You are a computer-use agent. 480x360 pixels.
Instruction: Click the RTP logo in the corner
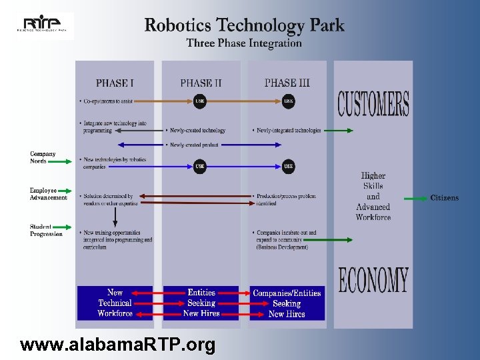[44, 25]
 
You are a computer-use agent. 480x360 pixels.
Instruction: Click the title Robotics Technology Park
[244, 26]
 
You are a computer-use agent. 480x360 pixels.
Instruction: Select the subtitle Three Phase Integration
[244, 43]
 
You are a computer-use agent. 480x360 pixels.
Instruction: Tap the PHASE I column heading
[115, 83]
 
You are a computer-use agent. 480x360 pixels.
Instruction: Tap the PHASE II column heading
[201, 83]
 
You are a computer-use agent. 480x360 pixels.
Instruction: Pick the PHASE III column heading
[287, 83]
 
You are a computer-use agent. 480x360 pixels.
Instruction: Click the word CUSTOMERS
[373, 104]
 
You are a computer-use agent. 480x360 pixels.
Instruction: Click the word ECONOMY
[373, 281]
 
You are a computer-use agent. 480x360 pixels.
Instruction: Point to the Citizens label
[444, 198]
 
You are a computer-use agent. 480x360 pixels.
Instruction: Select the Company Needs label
[43, 157]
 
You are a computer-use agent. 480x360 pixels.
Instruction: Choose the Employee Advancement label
[48, 194]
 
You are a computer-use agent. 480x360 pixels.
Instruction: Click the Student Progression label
[46, 231]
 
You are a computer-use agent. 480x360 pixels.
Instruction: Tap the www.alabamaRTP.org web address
[118, 345]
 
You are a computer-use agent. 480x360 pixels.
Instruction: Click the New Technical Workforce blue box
[115, 303]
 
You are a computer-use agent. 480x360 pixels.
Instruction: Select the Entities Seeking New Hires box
[201, 303]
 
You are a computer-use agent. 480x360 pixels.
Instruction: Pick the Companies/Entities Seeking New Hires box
[287, 303]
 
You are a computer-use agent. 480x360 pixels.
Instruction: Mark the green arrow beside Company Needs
[58, 161]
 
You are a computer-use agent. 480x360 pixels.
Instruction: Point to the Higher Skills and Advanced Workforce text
[373, 197]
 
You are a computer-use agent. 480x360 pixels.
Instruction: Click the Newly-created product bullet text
[195, 145]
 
